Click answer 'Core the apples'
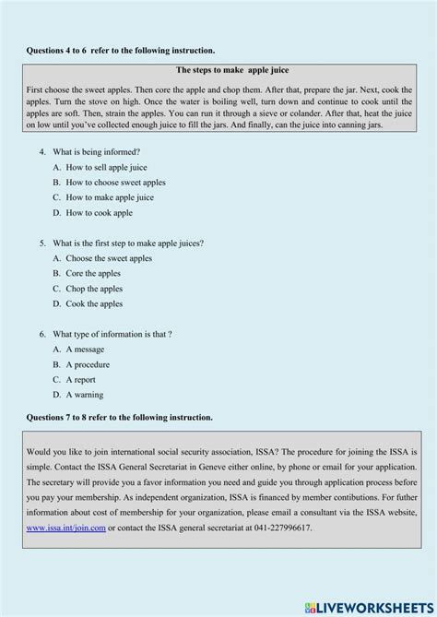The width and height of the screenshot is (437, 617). pyautogui.click(x=94, y=273)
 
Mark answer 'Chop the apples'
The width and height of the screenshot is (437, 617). pyautogui.click(x=94, y=289)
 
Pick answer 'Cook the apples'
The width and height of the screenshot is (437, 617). pyautogui.click(x=94, y=303)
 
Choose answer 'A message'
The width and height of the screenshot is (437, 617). pyautogui.click(x=85, y=350)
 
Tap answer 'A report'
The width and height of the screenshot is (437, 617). pyautogui.click(x=82, y=379)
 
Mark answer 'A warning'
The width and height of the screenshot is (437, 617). pyautogui.click(x=85, y=395)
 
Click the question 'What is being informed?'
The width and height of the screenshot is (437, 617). pyautogui.click(x=97, y=151)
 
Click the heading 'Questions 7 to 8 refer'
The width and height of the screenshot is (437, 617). pyautogui.click(x=120, y=418)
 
